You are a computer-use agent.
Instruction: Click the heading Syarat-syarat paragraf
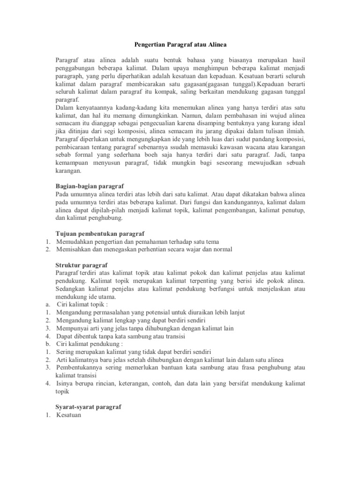(x=88, y=407)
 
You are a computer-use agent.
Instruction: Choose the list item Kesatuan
(x=68, y=415)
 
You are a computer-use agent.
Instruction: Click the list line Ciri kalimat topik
(x=82, y=304)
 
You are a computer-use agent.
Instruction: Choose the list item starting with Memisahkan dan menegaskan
(x=144, y=249)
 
